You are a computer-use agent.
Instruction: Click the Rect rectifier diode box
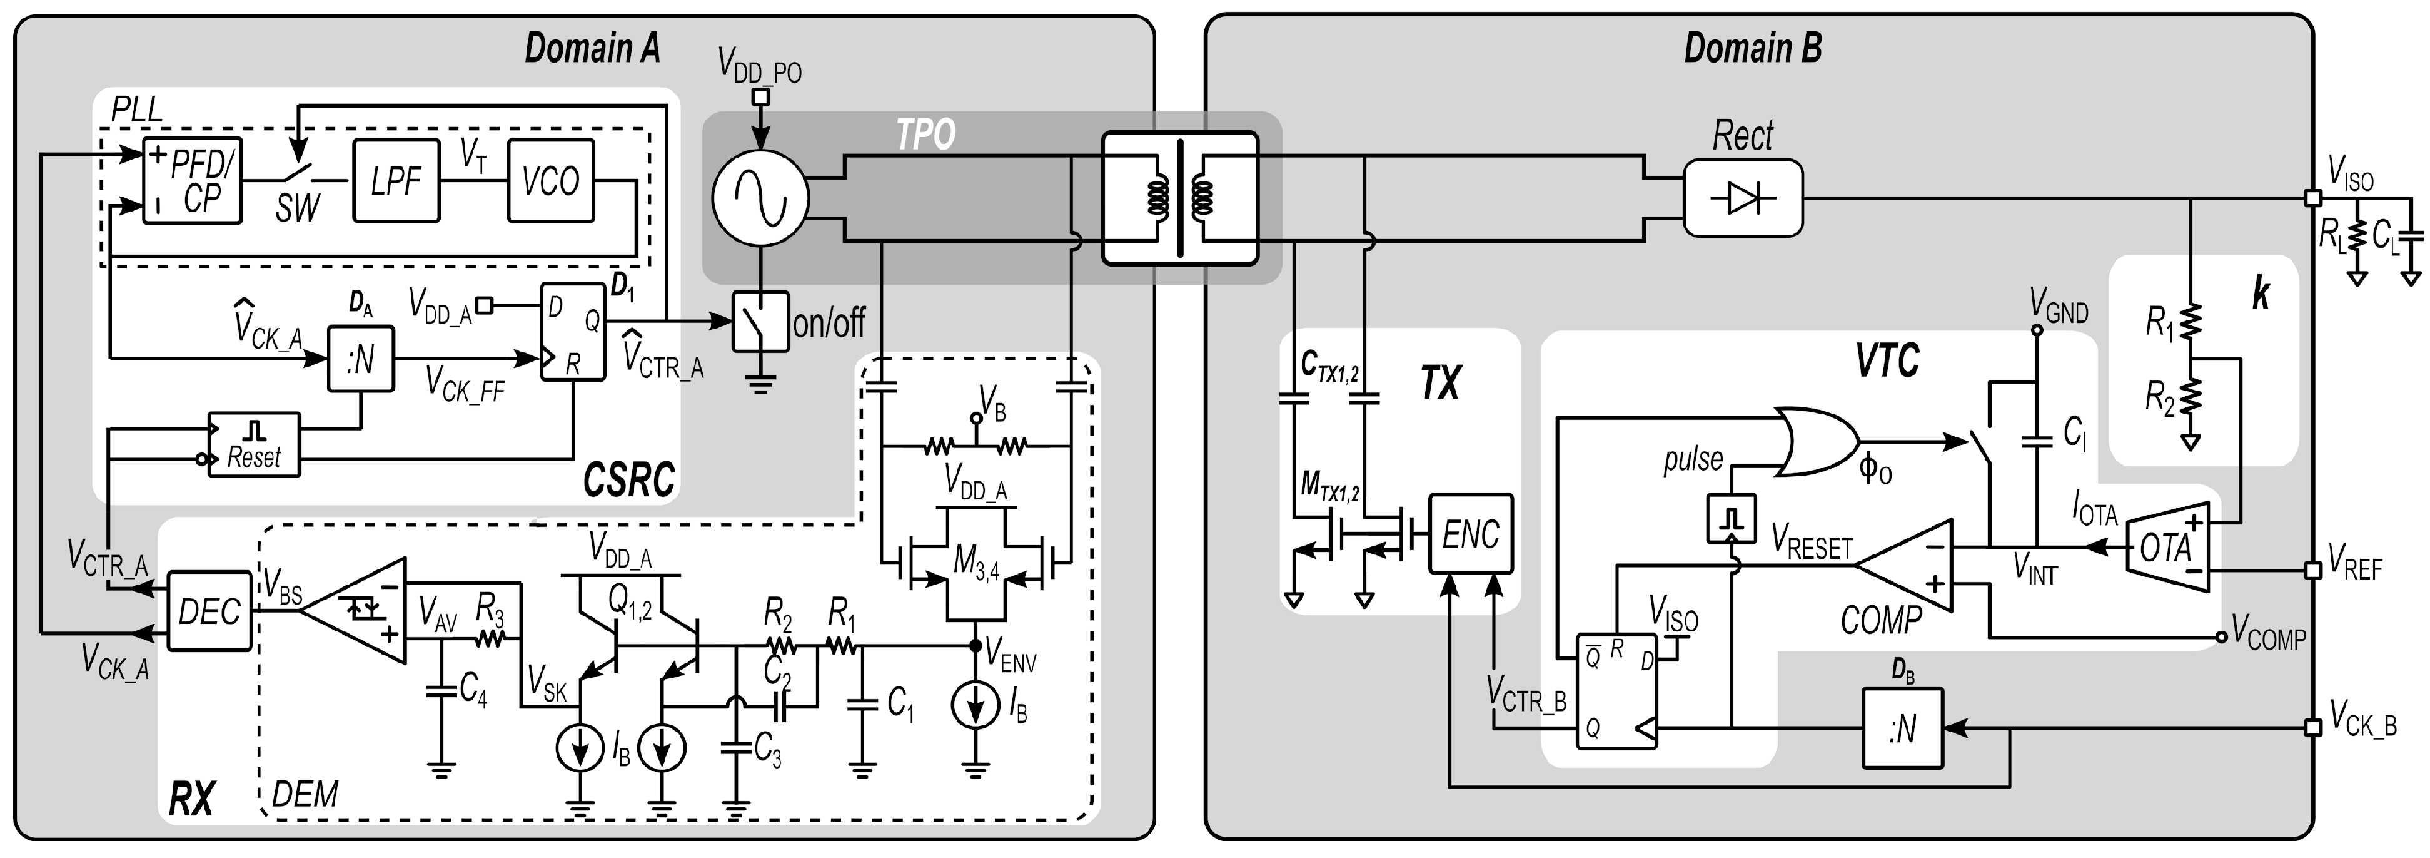[1742, 198]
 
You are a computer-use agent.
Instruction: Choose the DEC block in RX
[209, 611]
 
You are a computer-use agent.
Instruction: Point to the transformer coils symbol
[1180, 197]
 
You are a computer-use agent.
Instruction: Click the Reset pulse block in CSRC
[254, 444]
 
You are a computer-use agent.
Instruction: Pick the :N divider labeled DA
[360, 358]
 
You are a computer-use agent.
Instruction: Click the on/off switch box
[760, 322]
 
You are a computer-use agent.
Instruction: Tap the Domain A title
[592, 47]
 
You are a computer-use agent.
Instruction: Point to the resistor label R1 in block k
[2159, 324]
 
